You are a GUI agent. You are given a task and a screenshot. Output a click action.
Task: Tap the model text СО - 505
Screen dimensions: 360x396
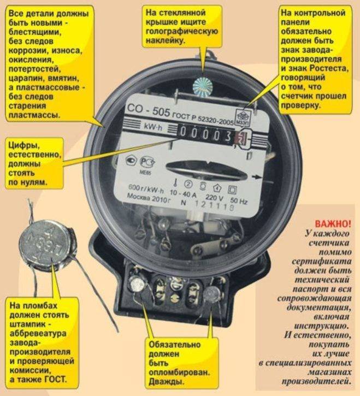click(x=148, y=110)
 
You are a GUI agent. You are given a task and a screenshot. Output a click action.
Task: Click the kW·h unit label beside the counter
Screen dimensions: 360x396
click(x=153, y=127)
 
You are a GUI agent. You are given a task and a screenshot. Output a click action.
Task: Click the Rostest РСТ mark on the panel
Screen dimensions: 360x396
click(x=147, y=162)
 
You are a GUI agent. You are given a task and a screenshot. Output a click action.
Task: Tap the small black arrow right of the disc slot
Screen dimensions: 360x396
click(x=257, y=177)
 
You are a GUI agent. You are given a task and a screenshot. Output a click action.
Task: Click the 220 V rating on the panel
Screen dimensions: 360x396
click(x=214, y=198)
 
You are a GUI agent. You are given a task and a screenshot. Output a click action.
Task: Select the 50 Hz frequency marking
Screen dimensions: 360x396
click(x=239, y=201)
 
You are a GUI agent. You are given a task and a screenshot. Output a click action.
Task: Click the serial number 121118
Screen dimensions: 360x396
click(x=214, y=205)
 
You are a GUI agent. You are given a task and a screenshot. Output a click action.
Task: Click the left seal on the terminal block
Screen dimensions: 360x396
click(x=137, y=284)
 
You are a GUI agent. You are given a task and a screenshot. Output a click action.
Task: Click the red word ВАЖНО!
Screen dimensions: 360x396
click(x=333, y=224)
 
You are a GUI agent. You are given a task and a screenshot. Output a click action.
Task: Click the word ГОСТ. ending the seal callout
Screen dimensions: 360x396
click(x=56, y=380)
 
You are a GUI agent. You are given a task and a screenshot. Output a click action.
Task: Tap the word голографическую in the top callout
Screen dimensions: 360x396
click(x=182, y=31)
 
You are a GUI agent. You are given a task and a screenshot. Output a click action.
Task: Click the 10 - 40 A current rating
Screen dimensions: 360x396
click(x=183, y=193)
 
